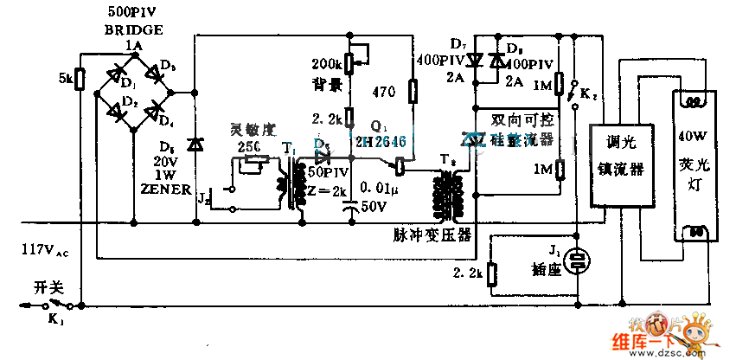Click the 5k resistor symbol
79,79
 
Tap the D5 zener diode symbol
195,145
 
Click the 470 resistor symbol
412,90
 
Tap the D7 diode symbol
474,61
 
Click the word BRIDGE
128,29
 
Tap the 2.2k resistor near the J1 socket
491,274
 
